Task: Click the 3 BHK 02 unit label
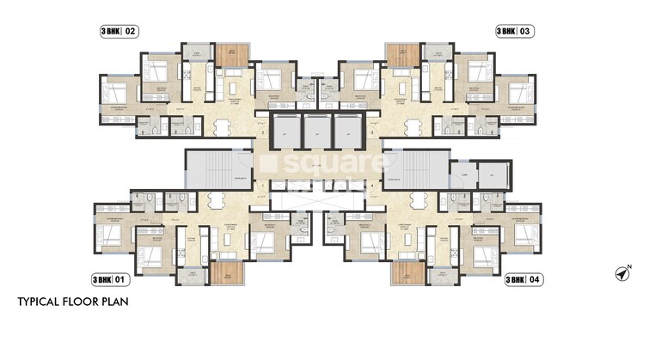click(119, 32)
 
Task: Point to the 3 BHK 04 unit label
click(523, 279)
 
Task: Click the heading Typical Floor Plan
click(73, 303)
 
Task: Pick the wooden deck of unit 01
click(227, 272)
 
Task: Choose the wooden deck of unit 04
click(407, 272)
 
